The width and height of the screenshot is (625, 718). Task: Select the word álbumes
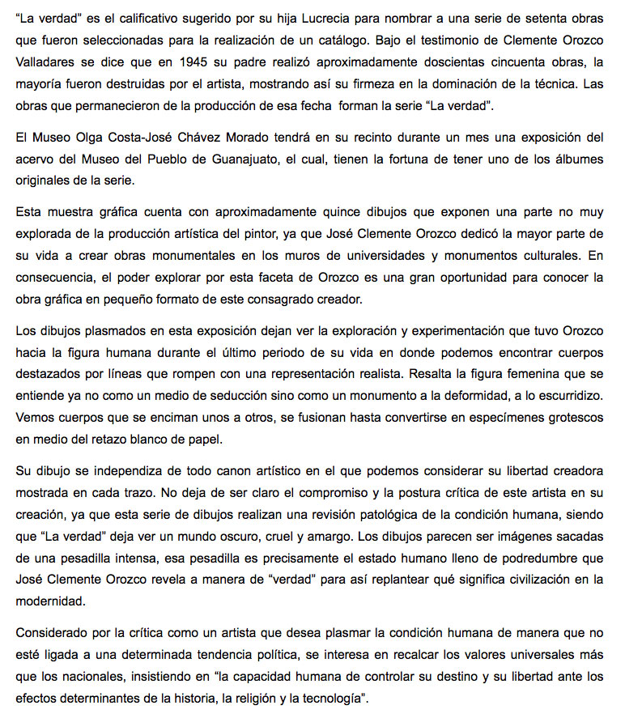(x=576, y=160)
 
